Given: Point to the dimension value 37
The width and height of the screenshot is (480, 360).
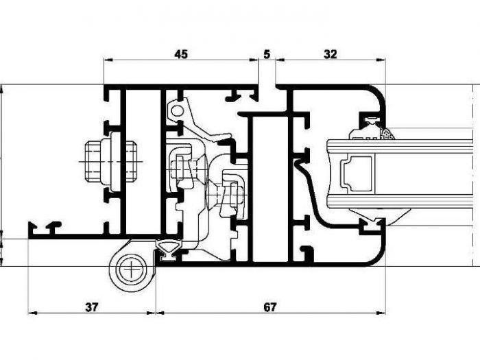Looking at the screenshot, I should tap(91, 307).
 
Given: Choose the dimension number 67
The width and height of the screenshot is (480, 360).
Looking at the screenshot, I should tap(269, 307).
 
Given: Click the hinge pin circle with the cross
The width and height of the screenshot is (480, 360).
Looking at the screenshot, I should tap(130, 269).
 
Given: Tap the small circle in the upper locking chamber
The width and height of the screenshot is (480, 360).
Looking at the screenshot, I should tap(178, 110).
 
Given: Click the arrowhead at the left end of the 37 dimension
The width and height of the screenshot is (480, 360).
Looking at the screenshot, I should tap(31, 313).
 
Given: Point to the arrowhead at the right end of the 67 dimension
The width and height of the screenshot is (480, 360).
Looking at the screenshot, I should tap(382, 313).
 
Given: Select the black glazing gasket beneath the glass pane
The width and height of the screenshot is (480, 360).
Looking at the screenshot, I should tap(374, 222).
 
